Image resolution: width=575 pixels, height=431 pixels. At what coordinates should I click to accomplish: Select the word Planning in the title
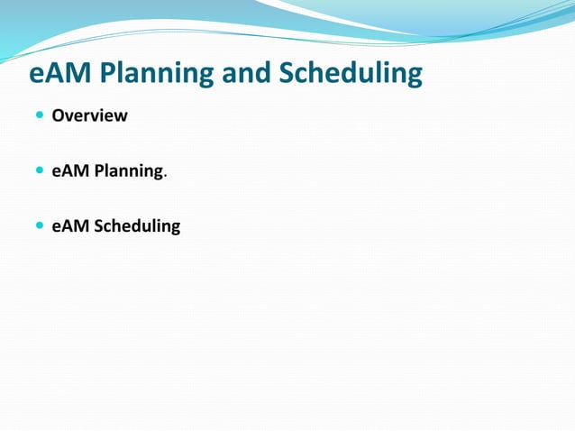click(x=157, y=74)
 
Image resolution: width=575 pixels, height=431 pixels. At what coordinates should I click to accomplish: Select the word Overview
click(x=89, y=116)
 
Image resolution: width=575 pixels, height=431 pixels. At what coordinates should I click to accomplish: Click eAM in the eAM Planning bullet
click(x=68, y=170)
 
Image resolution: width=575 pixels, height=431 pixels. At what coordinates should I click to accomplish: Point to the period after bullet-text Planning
click(x=164, y=175)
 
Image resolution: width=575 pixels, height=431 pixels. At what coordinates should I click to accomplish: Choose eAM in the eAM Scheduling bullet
click(x=68, y=225)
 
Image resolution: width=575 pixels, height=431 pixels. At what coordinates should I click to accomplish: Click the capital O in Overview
click(x=58, y=116)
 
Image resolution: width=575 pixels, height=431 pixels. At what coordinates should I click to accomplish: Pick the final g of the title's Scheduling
click(x=413, y=78)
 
